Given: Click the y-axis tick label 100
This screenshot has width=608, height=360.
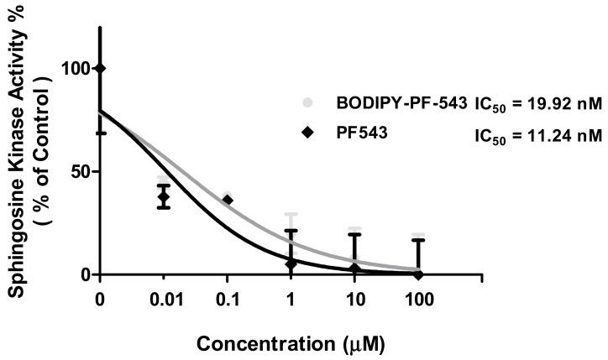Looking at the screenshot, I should (x=72, y=68).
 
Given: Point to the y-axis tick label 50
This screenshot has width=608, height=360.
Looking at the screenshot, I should (x=77, y=171).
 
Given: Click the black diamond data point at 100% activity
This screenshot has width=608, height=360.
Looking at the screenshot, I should (x=101, y=68).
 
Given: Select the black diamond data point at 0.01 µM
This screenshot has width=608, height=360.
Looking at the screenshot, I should (x=164, y=197).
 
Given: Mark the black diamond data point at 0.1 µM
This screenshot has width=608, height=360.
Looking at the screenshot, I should (x=228, y=200).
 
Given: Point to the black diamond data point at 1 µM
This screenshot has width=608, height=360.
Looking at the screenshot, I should (x=291, y=263).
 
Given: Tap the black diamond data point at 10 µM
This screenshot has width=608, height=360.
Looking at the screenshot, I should (x=354, y=269).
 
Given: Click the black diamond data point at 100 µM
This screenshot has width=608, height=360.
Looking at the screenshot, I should (x=418, y=274).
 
